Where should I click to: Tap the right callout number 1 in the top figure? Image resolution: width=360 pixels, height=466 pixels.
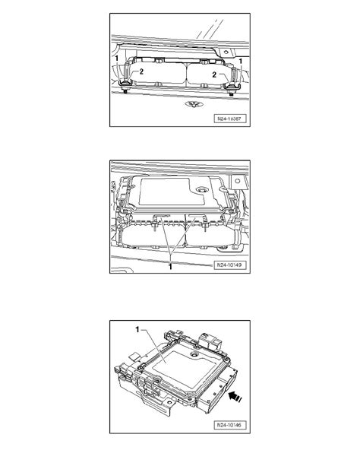[x=241, y=59]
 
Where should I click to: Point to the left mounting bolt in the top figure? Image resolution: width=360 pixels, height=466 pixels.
[x=123, y=94]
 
